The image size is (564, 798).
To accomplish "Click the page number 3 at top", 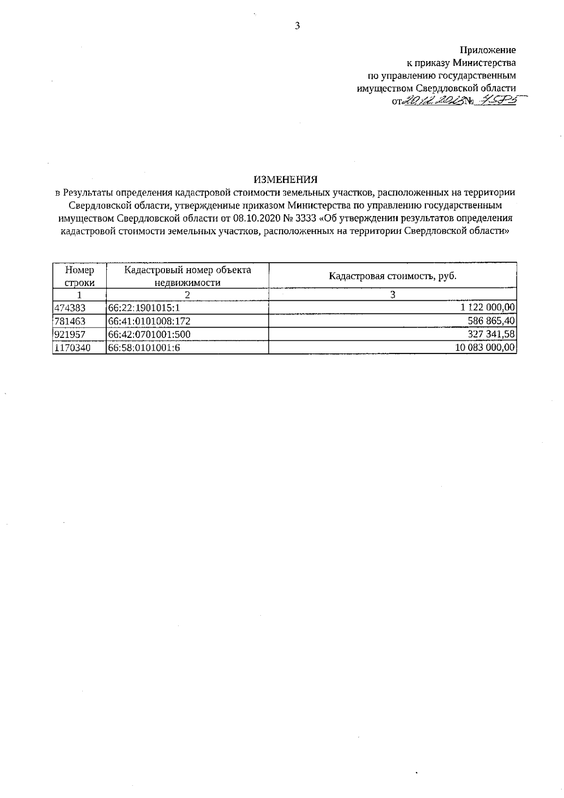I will [297, 26].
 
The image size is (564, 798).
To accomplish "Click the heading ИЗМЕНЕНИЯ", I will [285, 179].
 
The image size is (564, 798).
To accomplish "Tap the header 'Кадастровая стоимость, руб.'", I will [392, 276].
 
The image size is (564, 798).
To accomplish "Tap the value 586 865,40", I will [492, 321].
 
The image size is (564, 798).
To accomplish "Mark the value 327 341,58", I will [492, 334].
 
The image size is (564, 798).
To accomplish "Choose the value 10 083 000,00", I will [486, 347].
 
